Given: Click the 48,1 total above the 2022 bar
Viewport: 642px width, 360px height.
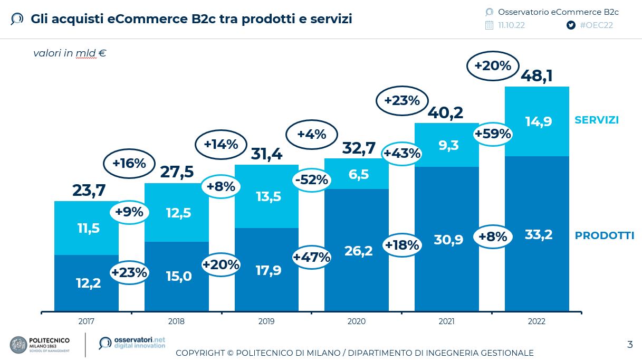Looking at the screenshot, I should pyautogui.click(x=536, y=76).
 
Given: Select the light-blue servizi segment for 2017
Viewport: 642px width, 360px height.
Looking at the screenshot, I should pyautogui.click(x=87, y=228).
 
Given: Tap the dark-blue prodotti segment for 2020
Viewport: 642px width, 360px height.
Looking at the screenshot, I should pyautogui.click(x=357, y=250).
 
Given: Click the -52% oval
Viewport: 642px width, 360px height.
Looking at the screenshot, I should pyautogui.click(x=311, y=180).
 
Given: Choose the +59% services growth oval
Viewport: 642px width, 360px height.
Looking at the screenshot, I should pyautogui.click(x=493, y=134).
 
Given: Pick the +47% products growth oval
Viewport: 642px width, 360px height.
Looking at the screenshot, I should pyautogui.click(x=311, y=257).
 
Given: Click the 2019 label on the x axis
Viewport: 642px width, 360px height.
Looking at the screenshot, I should pyautogui.click(x=266, y=321).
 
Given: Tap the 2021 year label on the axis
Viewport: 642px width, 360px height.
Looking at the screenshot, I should pyautogui.click(x=446, y=321).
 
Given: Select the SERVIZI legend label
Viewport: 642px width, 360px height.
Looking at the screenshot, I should pyautogui.click(x=596, y=120).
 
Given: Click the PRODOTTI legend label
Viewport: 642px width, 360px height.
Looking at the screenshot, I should pyautogui.click(x=604, y=235).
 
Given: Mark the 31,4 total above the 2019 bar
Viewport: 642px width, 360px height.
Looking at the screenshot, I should pyautogui.click(x=266, y=154).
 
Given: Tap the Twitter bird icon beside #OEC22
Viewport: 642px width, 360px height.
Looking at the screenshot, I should pyautogui.click(x=571, y=25).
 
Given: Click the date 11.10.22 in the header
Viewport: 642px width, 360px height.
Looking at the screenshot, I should pyautogui.click(x=511, y=25).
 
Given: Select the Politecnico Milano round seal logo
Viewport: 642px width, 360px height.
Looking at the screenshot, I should pyautogui.click(x=19, y=345).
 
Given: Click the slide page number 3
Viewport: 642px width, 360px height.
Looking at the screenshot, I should pyautogui.click(x=629, y=345).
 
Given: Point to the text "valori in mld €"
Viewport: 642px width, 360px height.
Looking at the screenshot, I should pyautogui.click(x=70, y=53).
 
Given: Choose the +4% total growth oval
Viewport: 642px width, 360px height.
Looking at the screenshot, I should pyautogui.click(x=311, y=134).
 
